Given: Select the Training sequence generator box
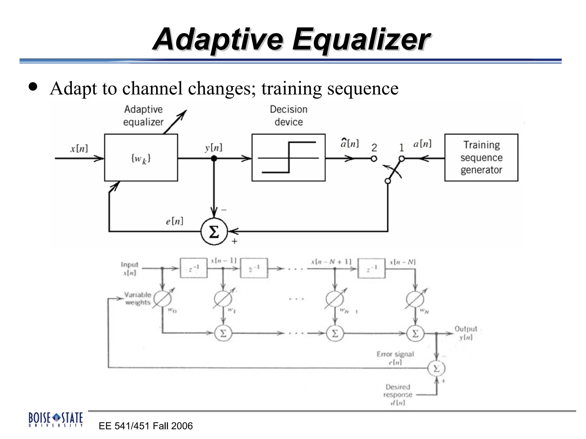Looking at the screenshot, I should (x=481, y=157).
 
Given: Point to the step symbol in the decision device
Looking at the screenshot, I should (x=288, y=157).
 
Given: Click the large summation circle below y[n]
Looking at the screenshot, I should (x=214, y=231).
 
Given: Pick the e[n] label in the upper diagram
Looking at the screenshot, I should (x=174, y=221).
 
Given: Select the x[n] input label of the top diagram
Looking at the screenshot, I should (x=79, y=148).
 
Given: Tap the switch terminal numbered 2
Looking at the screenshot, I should (x=374, y=159).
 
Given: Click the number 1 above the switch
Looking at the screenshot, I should (x=401, y=147).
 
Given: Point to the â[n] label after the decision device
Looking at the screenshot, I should (x=349, y=143).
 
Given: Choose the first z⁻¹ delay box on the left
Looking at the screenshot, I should (x=193, y=268).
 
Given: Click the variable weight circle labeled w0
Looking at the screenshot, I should (x=162, y=299).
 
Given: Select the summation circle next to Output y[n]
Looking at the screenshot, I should (x=415, y=333).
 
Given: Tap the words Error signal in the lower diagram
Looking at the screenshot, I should (x=395, y=354).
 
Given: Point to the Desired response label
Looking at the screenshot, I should (x=398, y=391).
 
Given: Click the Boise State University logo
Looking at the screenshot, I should (x=56, y=419).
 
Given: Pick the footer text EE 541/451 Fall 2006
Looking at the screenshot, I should (x=146, y=426).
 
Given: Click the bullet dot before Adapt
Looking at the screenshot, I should (x=33, y=87).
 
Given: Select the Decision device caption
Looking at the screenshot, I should (x=288, y=115).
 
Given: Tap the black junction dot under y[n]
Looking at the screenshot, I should (x=214, y=158).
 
